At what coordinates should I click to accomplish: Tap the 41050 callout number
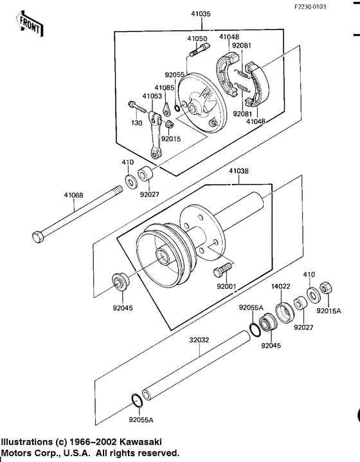point(197,39)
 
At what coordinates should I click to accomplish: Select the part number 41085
point(164,88)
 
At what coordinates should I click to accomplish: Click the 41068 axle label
point(74,194)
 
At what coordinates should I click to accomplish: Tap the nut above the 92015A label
point(326,287)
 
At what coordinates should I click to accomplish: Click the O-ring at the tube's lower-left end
point(136,401)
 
